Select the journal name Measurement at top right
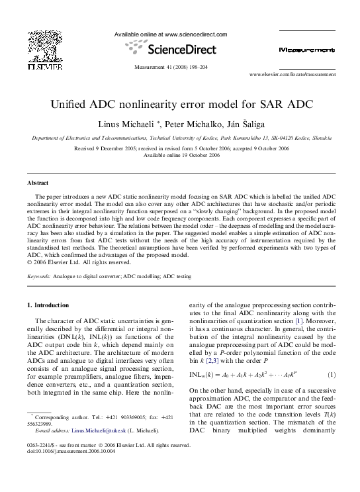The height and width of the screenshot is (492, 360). [x=298, y=50]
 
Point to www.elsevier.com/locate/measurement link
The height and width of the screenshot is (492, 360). [x=273, y=75]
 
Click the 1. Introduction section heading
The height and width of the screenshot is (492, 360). [x=47, y=305]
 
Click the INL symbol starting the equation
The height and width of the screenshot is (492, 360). [x=197, y=375]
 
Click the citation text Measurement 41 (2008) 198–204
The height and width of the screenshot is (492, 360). [x=171, y=67]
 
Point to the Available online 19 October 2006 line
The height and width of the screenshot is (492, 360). [x=180, y=156]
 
